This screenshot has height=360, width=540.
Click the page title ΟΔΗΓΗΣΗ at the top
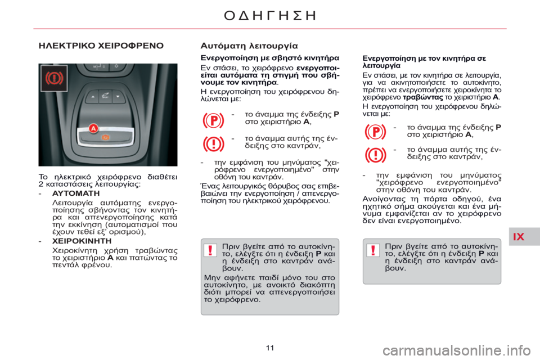click(270, 15)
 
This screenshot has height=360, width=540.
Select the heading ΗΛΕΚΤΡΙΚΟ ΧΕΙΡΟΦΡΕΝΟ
click(101, 46)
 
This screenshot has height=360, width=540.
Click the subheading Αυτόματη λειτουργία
click(249, 46)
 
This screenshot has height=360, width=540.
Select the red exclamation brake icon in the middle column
click(214, 143)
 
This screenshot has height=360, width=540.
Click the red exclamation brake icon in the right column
click(376, 154)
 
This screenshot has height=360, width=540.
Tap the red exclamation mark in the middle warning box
click(210, 251)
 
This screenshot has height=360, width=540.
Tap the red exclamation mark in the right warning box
click(372, 251)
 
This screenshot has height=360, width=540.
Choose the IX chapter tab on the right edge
click(519, 236)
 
